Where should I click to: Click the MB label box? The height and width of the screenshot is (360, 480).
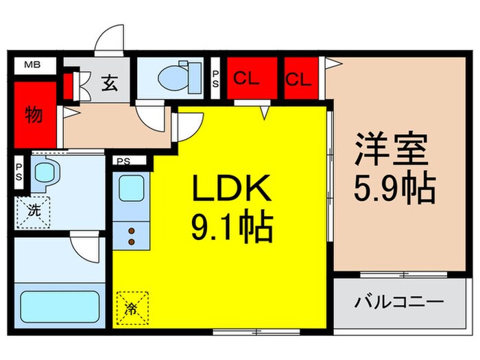pyautogui.click(x=32, y=66)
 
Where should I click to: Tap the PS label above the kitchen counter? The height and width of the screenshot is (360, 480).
pyautogui.click(x=123, y=162)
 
